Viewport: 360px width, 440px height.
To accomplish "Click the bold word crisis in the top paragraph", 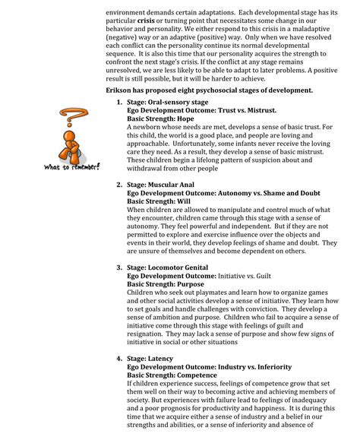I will click(144, 23).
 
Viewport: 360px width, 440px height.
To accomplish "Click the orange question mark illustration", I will click(72, 137).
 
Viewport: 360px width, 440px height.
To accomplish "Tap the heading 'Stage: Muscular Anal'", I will click(165, 185).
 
